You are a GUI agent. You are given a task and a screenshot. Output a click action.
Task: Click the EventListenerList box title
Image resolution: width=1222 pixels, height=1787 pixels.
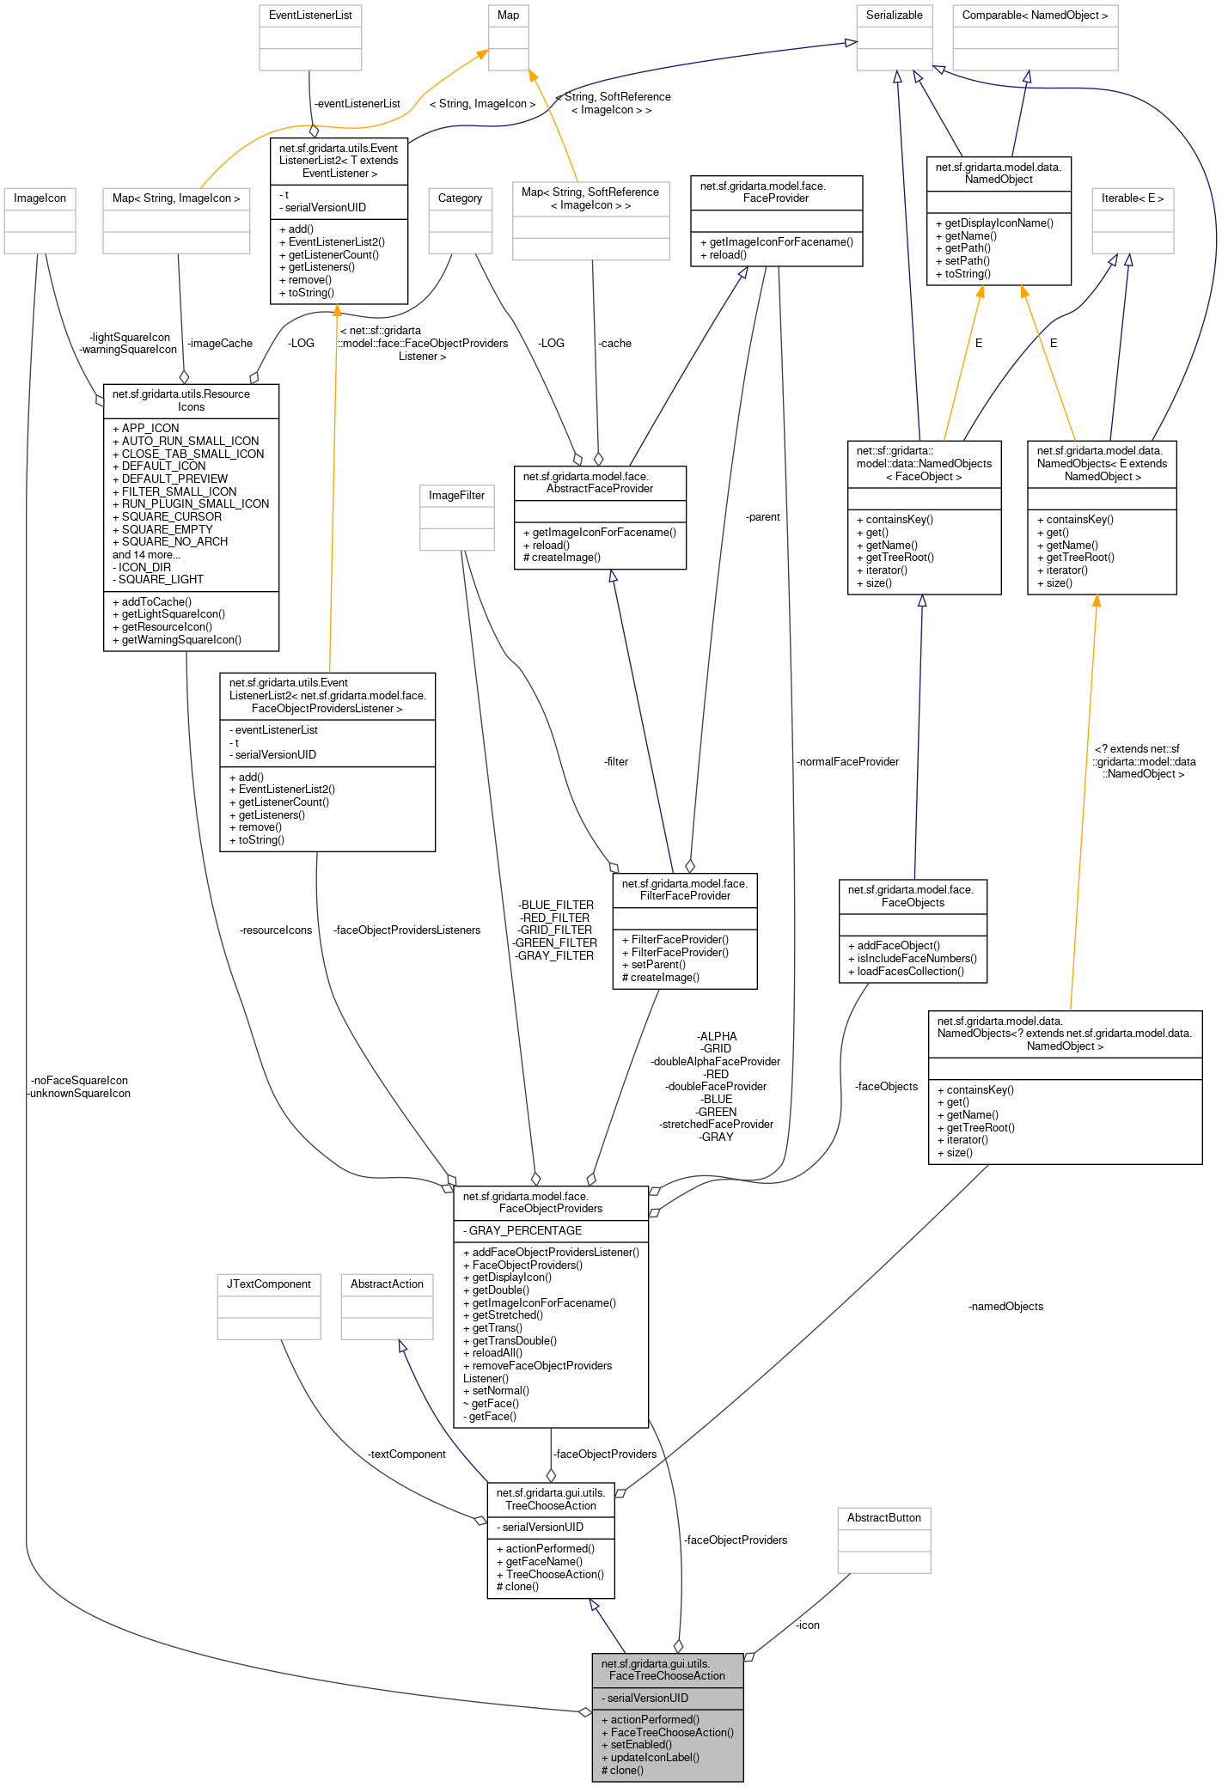click(x=310, y=15)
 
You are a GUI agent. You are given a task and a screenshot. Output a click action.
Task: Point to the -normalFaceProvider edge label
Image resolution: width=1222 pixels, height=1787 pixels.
click(x=847, y=762)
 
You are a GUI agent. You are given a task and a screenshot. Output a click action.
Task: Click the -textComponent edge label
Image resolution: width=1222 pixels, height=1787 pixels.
click(x=406, y=1455)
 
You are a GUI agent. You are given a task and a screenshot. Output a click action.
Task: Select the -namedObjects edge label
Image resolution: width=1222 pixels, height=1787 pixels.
click(x=1005, y=1307)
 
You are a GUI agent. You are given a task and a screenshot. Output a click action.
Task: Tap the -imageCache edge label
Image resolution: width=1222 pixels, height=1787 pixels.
click(x=220, y=344)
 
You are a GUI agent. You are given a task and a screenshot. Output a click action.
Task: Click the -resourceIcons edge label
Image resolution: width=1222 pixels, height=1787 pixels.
click(x=276, y=930)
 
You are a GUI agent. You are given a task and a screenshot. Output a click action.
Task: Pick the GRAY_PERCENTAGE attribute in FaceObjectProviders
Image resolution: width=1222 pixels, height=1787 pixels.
click(x=525, y=1231)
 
